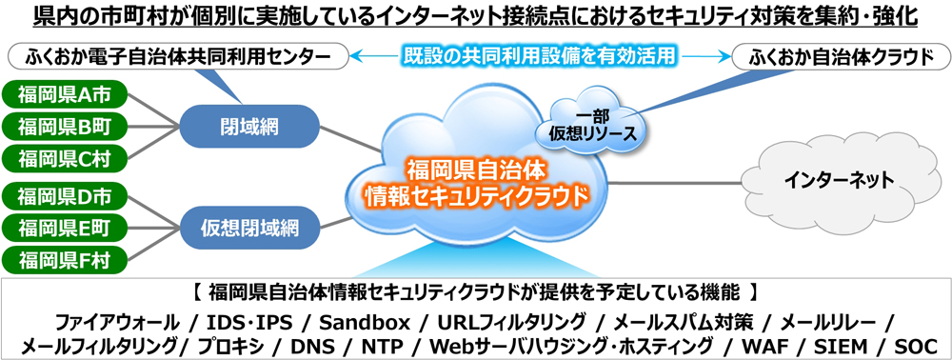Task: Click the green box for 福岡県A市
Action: point(64,94)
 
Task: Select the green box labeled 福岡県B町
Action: point(64,127)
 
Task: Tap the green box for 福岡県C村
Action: point(64,158)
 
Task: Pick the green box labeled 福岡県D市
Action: point(64,197)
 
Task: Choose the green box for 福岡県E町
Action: point(64,229)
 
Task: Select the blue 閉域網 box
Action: point(249,127)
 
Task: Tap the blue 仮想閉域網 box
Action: point(249,229)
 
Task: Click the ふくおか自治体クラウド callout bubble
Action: point(840,58)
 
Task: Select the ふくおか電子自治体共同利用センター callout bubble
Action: point(179,58)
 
